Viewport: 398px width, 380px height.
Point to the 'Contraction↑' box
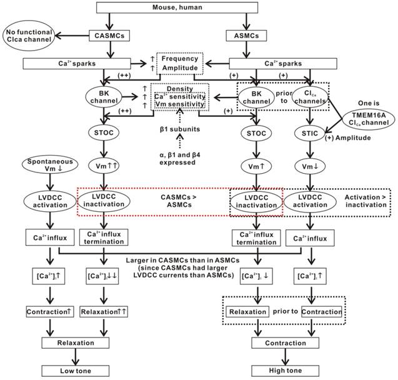[x=51, y=311]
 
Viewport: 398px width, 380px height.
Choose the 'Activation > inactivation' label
[x=366, y=202]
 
